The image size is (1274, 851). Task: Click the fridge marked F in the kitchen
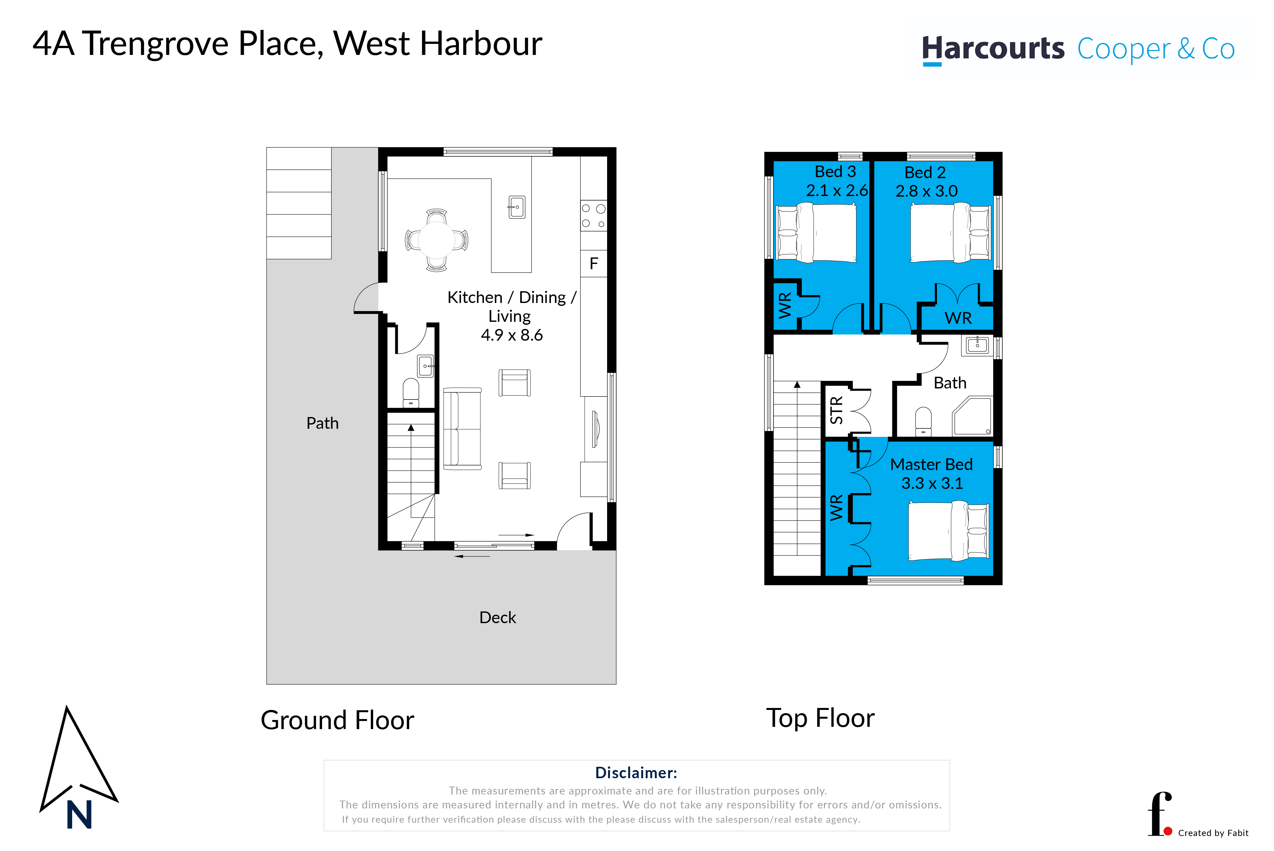[593, 263]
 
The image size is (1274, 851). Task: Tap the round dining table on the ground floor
[437, 240]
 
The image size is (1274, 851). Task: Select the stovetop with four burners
[593, 216]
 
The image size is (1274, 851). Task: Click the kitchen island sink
[516, 207]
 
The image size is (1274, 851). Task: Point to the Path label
[322, 423]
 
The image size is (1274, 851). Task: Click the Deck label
[498, 618]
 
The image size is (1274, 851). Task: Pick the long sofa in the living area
[462, 429]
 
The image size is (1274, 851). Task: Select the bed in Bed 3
[816, 232]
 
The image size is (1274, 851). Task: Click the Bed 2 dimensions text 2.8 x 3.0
[927, 191]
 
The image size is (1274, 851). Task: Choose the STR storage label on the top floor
[837, 410]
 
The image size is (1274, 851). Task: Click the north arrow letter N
[79, 815]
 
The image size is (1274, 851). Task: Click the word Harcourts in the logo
[993, 49]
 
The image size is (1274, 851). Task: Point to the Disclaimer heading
[636, 773]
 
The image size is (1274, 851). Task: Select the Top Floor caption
[820, 718]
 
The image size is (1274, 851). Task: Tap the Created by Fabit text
[1213, 833]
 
